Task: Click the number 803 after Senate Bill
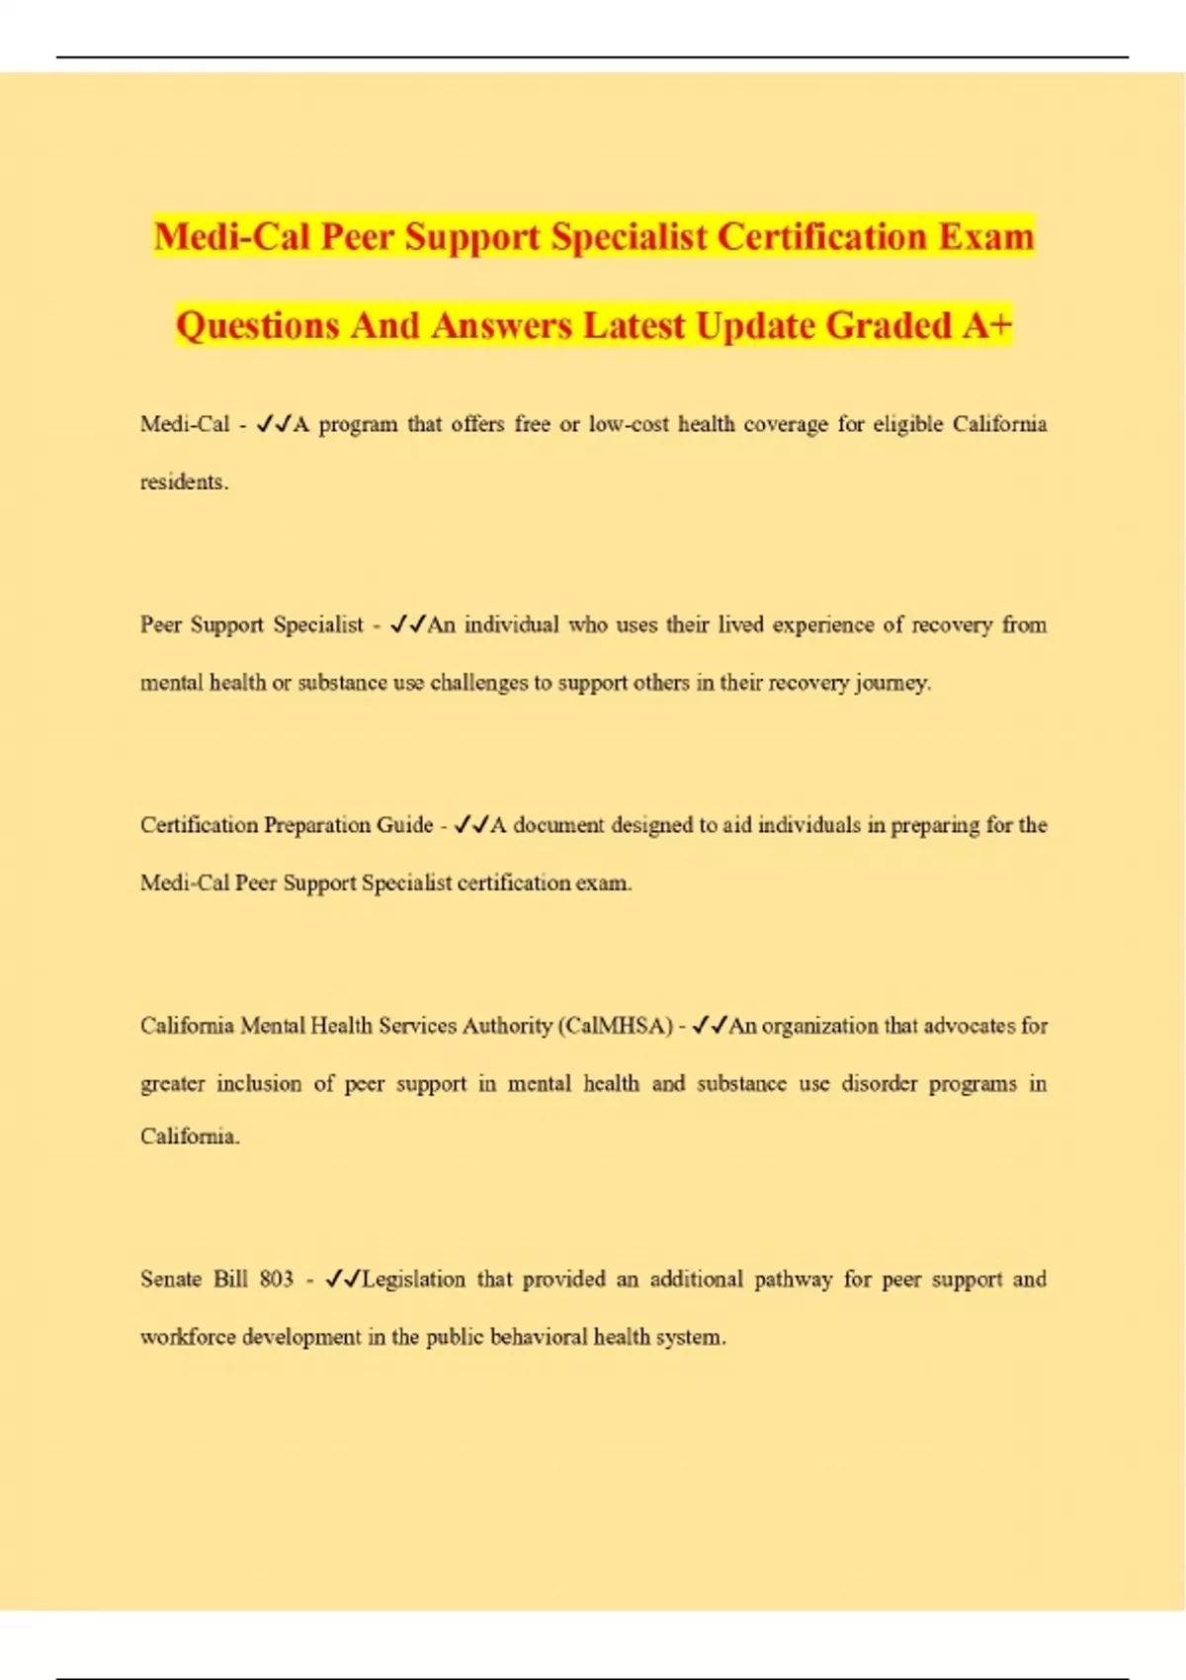click(277, 1279)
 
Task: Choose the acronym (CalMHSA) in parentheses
click(616, 1026)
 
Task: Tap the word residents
click(184, 482)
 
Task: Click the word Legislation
click(413, 1279)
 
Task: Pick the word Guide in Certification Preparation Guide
click(405, 825)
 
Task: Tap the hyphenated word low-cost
click(629, 424)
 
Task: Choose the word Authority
click(507, 1026)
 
